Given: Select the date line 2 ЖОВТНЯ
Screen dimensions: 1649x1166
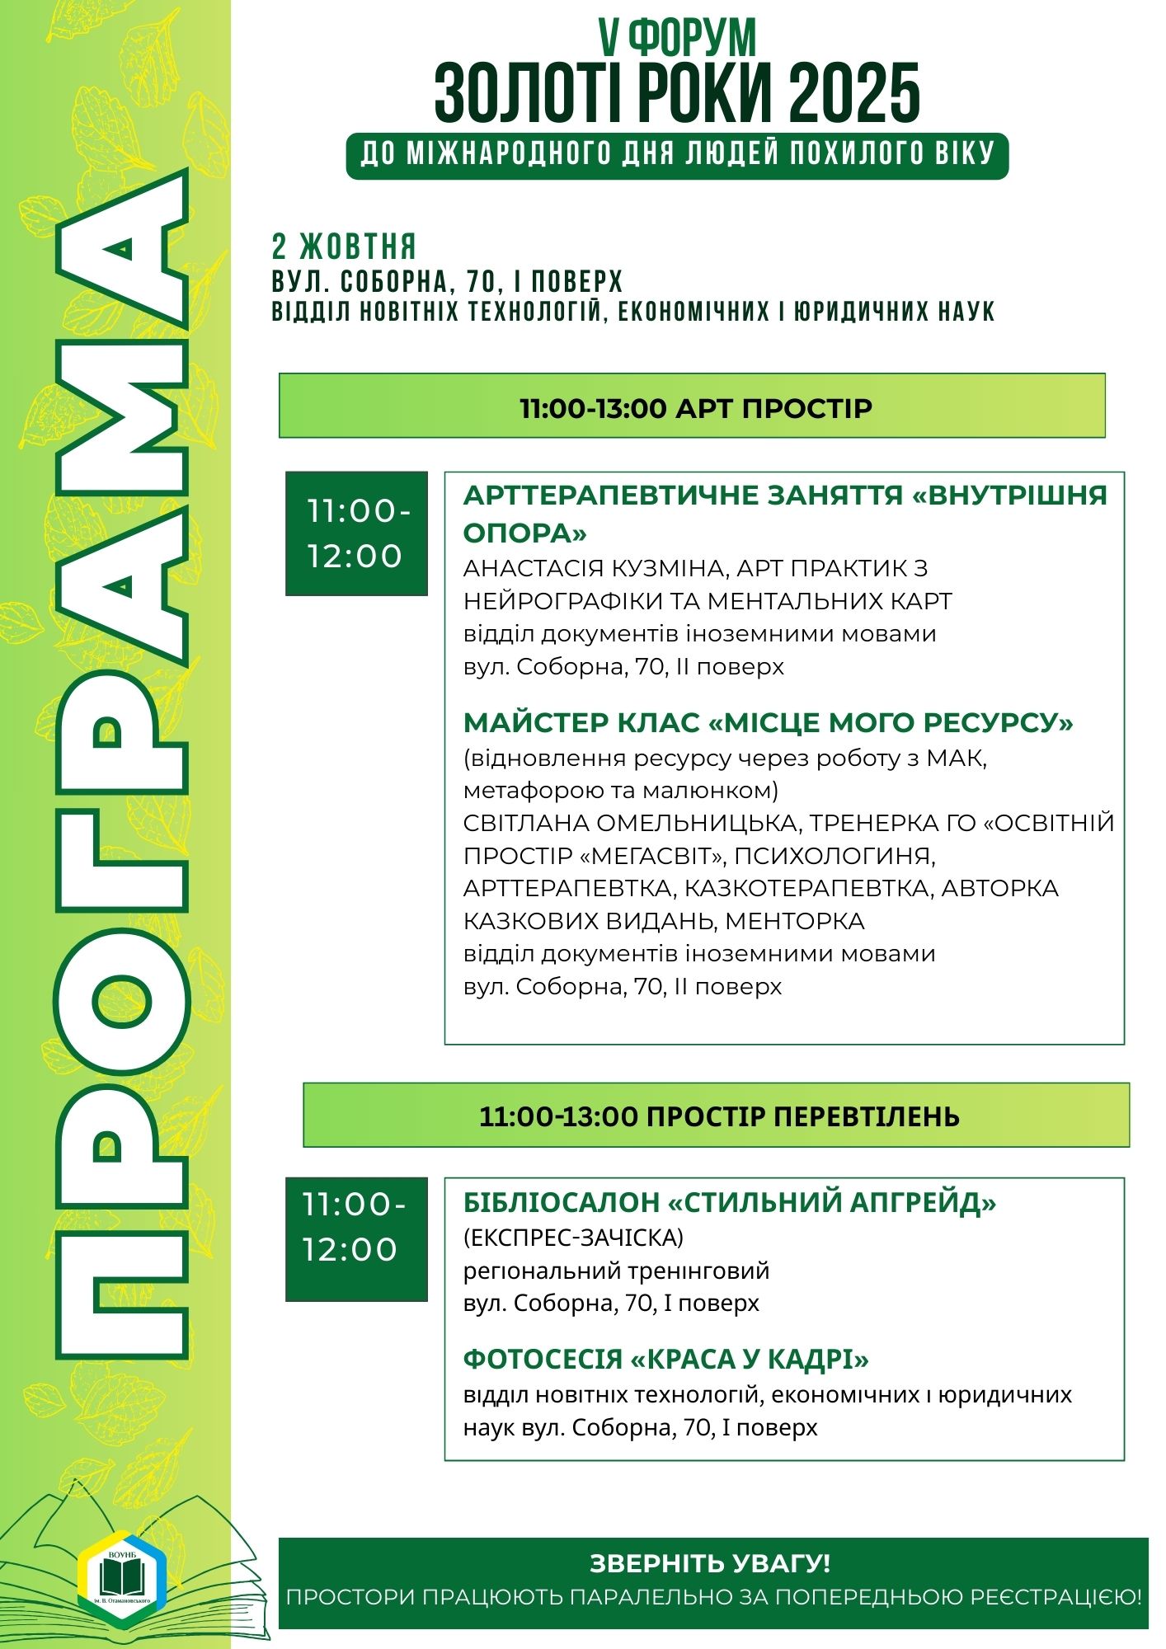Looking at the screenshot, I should click(x=344, y=247).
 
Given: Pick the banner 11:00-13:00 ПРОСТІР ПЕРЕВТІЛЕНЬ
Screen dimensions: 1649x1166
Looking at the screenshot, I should click(x=717, y=1116).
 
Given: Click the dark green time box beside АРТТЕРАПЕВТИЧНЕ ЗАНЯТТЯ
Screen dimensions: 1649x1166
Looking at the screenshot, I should click(x=356, y=533).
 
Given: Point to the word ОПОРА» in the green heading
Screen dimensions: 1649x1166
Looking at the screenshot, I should click(x=524, y=533).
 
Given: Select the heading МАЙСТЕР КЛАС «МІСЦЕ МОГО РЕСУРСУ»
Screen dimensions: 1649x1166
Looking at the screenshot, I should click(x=768, y=722).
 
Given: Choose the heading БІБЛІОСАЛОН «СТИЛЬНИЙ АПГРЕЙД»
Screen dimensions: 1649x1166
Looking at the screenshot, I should click(x=729, y=1202).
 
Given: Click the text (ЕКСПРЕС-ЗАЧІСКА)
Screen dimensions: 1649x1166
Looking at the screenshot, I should click(x=573, y=1237).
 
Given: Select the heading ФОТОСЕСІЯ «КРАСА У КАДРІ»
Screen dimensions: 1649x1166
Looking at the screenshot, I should click(x=665, y=1359).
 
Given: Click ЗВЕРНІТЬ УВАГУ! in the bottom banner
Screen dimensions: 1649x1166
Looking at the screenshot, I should click(x=710, y=1563).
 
